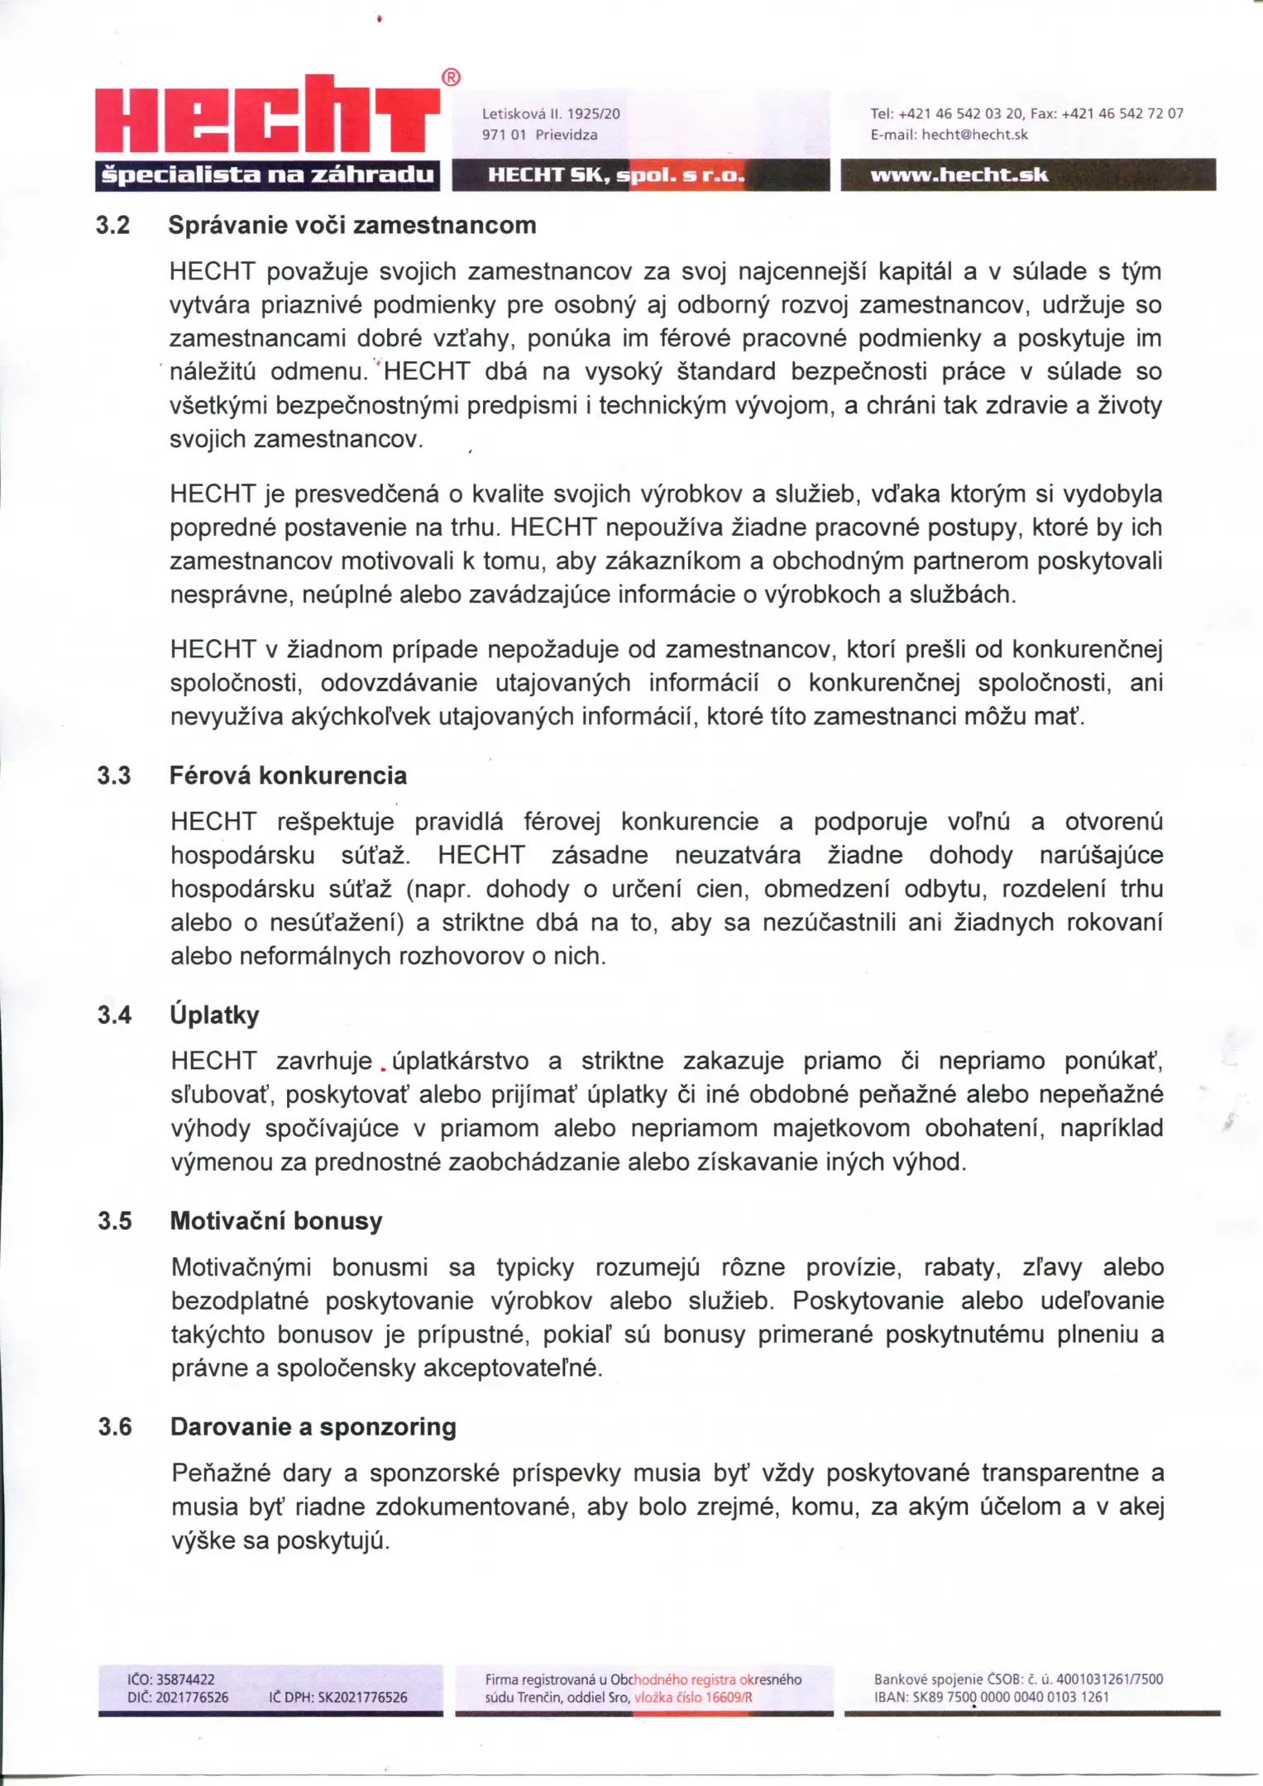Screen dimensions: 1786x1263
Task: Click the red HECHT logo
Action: [266, 116]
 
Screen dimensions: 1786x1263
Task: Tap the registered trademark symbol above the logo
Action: [451, 78]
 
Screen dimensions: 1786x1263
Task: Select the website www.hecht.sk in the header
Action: [959, 174]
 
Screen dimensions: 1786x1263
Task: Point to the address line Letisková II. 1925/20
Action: [551, 114]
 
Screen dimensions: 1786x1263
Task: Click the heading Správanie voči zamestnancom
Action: [352, 225]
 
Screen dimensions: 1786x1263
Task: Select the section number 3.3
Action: [114, 776]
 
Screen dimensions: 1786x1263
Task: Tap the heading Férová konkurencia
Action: [288, 776]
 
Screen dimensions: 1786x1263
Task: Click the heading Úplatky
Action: [214, 1015]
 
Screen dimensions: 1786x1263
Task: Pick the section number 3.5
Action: [115, 1220]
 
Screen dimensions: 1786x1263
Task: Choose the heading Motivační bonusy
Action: [276, 1220]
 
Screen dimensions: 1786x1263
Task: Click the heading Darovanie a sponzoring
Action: [313, 1426]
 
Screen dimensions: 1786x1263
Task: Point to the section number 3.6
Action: [115, 1426]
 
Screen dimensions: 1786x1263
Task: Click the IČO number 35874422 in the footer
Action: [171, 1679]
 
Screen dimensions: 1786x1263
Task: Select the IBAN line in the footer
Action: [991, 1697]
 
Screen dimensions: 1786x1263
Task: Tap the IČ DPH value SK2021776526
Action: [338, 1698]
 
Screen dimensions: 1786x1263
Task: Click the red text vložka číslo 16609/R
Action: [693, 1698]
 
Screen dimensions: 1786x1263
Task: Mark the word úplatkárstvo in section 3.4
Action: [460, 1061]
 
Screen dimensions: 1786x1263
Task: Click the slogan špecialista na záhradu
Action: [266, 174]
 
